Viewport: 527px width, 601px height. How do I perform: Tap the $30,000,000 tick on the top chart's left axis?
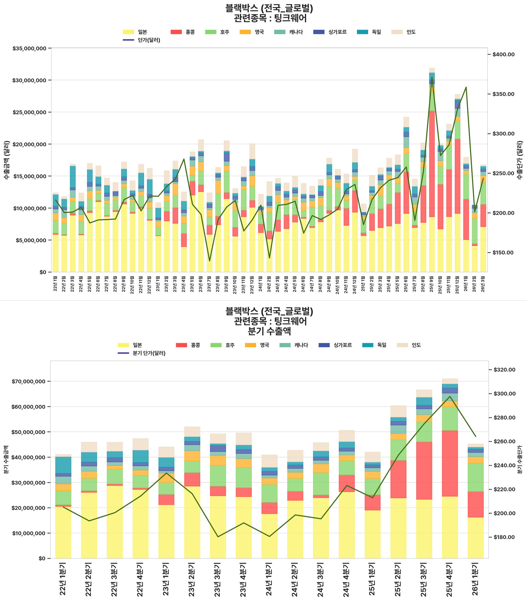coord(29,81)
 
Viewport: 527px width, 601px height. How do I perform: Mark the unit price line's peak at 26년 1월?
coord(466,87)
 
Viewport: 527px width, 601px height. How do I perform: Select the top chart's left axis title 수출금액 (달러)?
coord(7,160)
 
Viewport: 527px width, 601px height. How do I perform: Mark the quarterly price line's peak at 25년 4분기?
coord(450,397)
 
